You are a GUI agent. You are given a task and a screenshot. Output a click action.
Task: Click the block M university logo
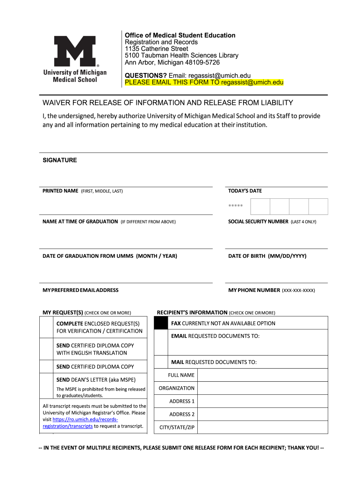click(x=75, y=51)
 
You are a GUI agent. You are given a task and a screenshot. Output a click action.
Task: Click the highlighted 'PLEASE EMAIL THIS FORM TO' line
click(x=204, y=82)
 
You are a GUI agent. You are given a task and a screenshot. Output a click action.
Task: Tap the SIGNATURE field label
click(x=60, y=160)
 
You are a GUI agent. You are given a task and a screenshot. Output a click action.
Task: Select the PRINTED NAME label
click(x=60, y=191)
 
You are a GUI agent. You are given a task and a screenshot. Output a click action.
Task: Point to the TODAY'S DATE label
click(x=245, y=191)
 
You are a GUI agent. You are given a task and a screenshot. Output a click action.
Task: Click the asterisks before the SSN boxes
click(x=236, y=206)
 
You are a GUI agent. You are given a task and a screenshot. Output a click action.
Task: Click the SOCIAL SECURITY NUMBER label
click(x=258, y=222)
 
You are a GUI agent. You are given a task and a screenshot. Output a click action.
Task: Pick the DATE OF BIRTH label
click(x=267, y=256)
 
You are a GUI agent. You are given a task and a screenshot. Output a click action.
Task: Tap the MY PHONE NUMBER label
click(x=254, y=290)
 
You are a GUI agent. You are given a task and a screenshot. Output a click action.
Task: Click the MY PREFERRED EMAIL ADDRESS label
click(x=80, y=290)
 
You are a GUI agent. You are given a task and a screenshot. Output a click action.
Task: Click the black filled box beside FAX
click(x=161, y=323)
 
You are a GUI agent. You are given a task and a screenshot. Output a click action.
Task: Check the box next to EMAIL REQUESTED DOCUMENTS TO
click(x=161, y=342)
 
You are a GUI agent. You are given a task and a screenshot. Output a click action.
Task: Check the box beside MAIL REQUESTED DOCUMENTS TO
click(x=161, y=362)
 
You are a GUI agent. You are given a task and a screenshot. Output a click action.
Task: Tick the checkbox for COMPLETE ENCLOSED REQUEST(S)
click(x=46, y=327)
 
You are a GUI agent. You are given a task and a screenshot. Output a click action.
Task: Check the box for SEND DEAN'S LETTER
click(x=46, y=386)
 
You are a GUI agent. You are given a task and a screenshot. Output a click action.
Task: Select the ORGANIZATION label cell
click(x=176, y=388)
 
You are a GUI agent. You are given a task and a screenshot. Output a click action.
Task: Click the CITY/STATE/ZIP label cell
click(x=176, y=428)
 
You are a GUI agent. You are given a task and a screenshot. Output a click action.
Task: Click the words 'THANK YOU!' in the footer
click(x=303, y=448)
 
